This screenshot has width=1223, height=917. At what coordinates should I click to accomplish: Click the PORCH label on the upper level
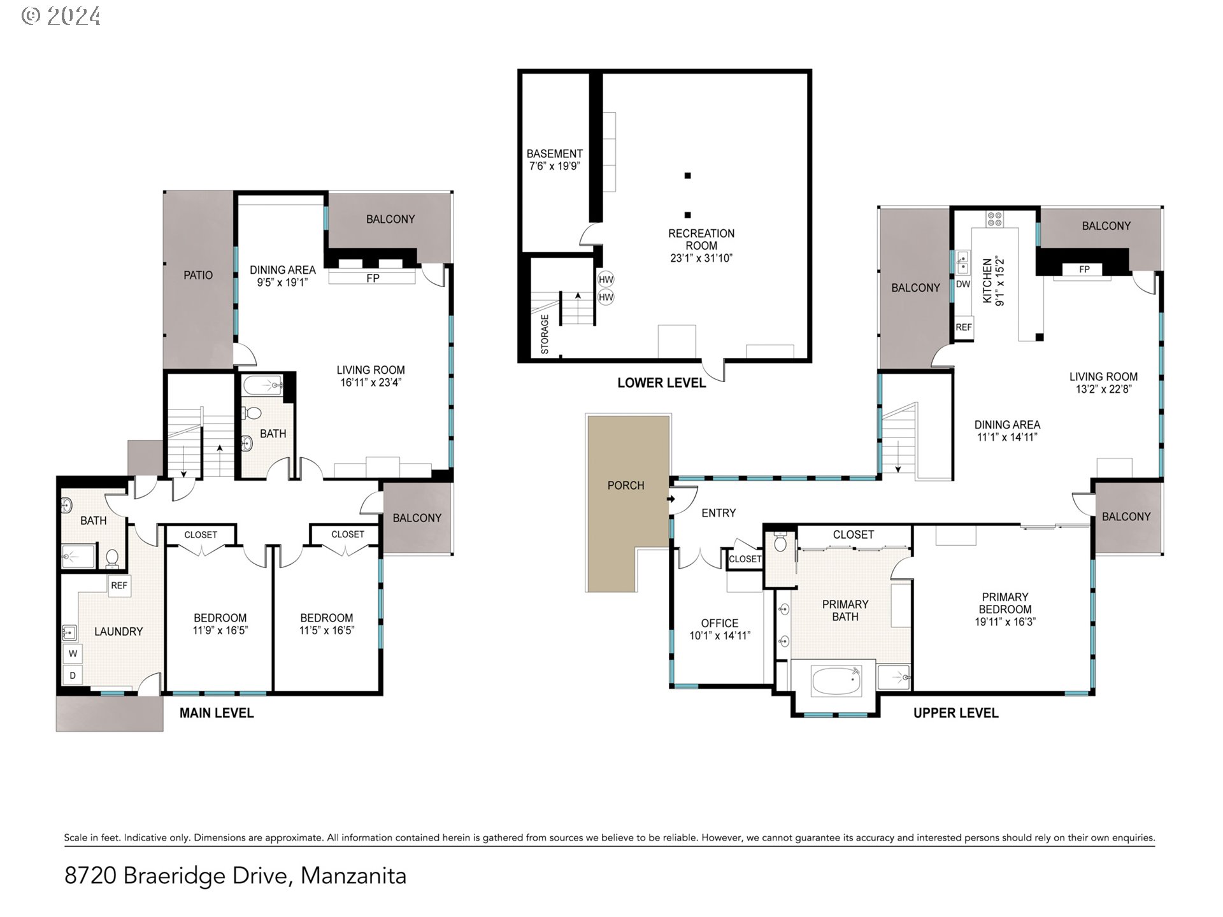point(626,485)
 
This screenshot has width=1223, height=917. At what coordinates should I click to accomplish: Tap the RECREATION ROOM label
point(701,239)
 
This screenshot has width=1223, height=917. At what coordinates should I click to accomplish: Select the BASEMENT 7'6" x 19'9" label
point(554,160)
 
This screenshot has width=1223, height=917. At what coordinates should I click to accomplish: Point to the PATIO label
point(198,275)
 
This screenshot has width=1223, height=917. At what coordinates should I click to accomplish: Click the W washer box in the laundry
point(73,653)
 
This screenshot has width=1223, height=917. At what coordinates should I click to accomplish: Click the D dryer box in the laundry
point(73,676)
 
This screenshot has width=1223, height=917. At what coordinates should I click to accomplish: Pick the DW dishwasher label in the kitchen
point(963,284)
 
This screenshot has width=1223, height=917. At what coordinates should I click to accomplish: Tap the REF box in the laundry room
point(119,586)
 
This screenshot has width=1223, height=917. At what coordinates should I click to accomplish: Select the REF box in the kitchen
point(964,327)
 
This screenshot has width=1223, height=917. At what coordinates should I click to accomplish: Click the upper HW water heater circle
point(606,279)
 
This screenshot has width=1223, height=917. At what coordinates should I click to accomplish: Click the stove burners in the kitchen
point(994,219)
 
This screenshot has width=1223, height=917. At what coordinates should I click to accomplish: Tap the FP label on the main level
point(373,278)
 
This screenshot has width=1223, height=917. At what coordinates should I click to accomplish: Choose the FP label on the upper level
point(1084,269)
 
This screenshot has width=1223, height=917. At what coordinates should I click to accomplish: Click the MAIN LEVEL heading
point(217,713)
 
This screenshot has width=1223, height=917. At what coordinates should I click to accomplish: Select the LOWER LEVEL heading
point(662,383)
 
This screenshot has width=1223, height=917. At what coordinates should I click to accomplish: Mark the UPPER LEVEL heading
point(955,713)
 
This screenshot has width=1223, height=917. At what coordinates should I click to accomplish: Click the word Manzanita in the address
point(354,876)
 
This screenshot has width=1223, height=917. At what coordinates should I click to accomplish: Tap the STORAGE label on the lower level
point(545,334)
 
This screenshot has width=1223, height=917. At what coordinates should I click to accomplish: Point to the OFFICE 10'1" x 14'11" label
point(720,629)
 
